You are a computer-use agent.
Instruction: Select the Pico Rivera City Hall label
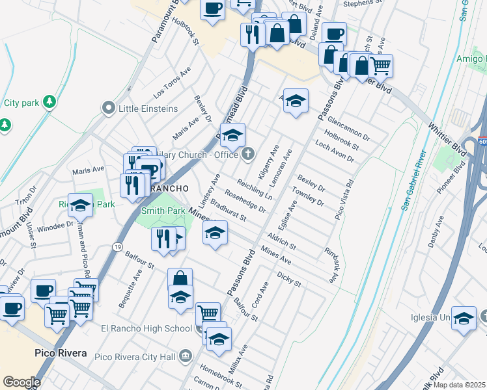coord(135,356)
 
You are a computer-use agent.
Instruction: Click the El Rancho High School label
coord(146,328)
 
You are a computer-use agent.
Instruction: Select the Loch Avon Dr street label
coord(333,149)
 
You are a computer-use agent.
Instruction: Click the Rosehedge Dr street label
coord(245,200)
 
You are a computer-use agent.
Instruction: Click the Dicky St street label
coord(288,278)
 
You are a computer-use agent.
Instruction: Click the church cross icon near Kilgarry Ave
coord(247,154)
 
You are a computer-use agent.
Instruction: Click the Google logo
coord(21,382)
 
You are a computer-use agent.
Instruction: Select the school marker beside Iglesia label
coord(464,318)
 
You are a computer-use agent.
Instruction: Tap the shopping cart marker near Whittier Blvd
coord(380,65)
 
